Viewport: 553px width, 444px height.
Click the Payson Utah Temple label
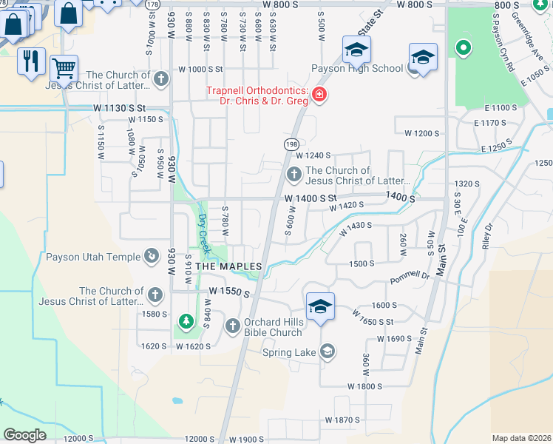93,258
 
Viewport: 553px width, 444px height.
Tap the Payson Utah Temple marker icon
152,256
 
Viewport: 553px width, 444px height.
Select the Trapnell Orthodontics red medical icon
319,95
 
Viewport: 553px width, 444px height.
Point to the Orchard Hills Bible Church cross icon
232,326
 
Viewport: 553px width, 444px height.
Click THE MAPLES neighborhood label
228,266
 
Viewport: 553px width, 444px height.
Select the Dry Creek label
203,232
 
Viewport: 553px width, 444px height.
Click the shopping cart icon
64,69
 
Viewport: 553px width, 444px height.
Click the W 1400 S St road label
311,198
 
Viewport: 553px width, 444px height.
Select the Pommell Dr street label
410,277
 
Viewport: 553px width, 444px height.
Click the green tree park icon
185,322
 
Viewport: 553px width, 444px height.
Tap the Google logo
24,434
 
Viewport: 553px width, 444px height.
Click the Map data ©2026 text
521,438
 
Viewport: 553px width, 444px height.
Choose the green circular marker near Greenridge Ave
464,50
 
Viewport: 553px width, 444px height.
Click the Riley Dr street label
487,235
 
